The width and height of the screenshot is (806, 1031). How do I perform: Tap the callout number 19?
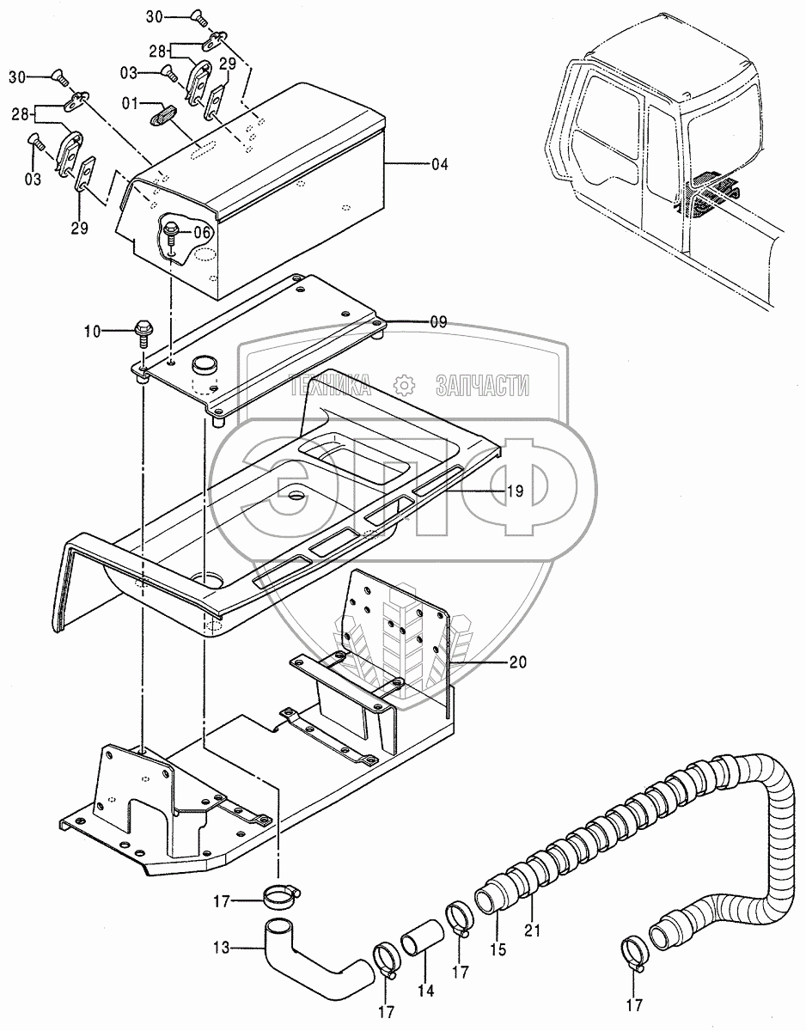click(x=515, y=491)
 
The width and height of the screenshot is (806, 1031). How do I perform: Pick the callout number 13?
click(x=221, y=949)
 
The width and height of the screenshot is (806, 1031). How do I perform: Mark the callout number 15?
click(x=498, y=951)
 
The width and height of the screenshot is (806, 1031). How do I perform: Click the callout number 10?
click(x=116, y=330)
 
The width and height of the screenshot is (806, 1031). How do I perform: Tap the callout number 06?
click(x=201, y=231)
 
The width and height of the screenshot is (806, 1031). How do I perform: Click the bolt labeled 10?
click(x=143, y=328)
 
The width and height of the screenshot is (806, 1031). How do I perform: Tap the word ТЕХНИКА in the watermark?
click(x=329, y=386)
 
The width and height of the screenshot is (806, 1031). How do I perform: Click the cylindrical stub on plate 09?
click(x=205, y=367)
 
